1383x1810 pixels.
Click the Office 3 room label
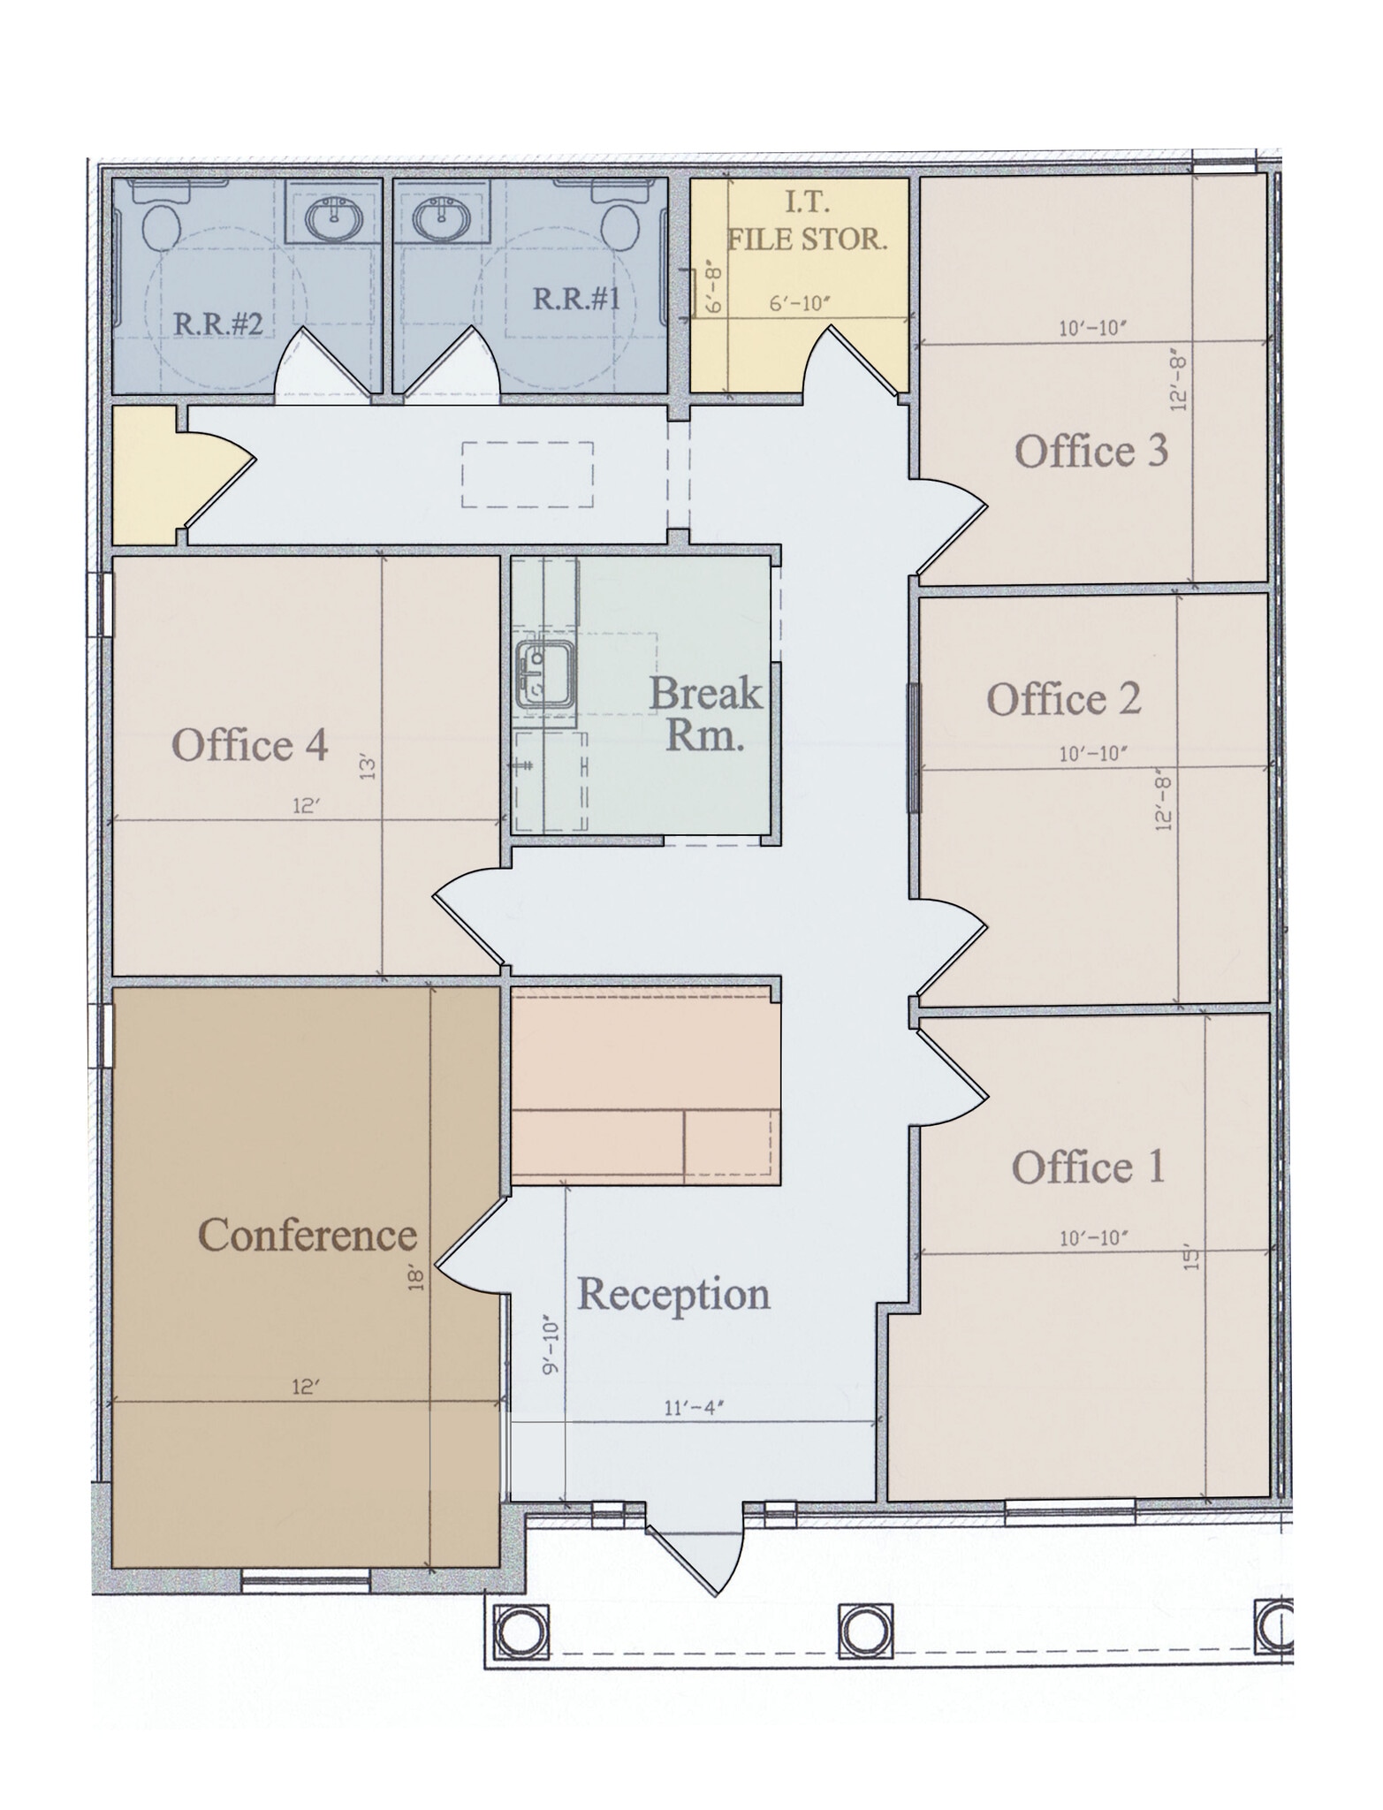click(1090, 452)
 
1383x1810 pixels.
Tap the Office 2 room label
click(1063, 700)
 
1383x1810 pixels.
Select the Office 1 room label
click(1088, 1167)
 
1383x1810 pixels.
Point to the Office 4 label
click(249, 745)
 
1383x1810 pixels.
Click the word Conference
click(308, 1235)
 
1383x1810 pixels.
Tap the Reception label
click(673, 1294)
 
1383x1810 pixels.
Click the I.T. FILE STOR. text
click(806, 223)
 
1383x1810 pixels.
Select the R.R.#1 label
click(576, 299)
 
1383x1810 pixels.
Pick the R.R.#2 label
click(217, 323)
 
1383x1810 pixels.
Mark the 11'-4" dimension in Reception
click(694, 1408)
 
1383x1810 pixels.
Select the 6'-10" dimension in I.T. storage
click(800, 304)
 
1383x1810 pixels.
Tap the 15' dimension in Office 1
click(1192, 1259)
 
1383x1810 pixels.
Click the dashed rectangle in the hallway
click(527, 475)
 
